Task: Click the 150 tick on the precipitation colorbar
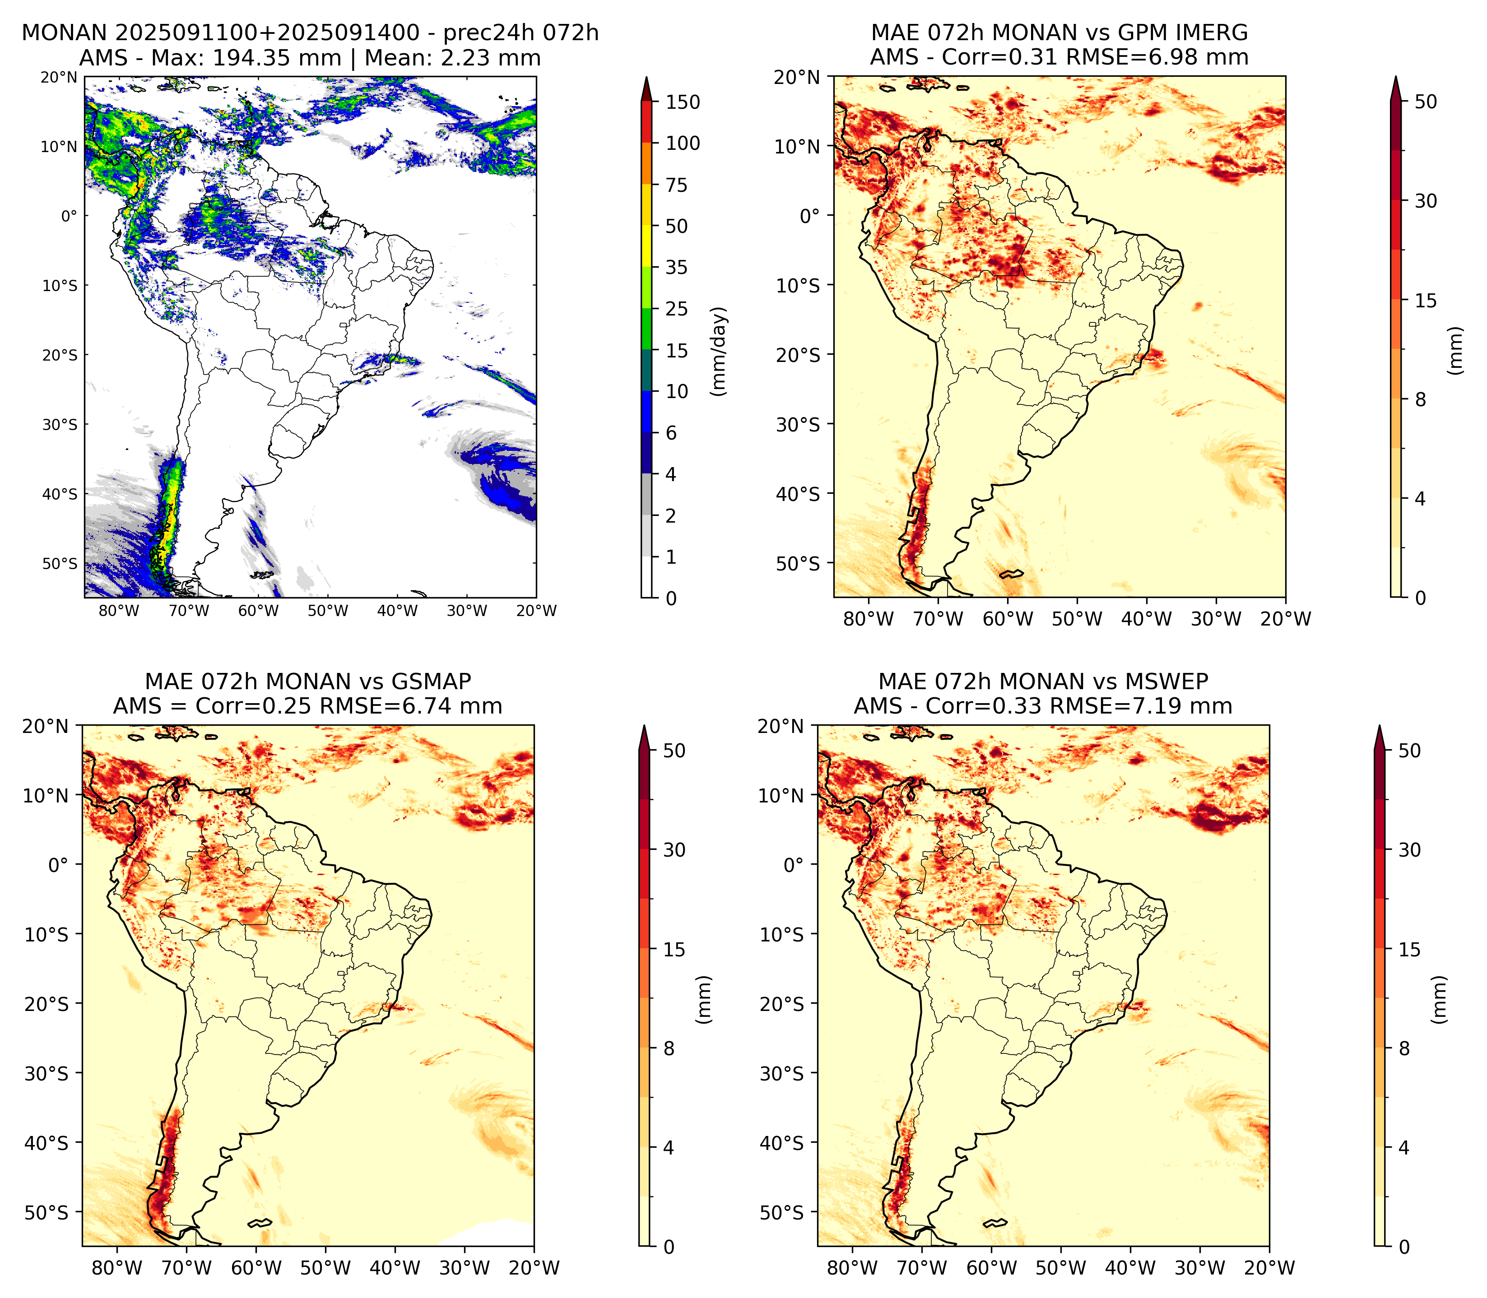[683, 102]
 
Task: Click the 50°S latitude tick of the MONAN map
[60, 564]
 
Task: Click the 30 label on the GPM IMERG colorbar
[1426, 201]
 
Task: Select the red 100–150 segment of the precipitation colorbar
[646, 122]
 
